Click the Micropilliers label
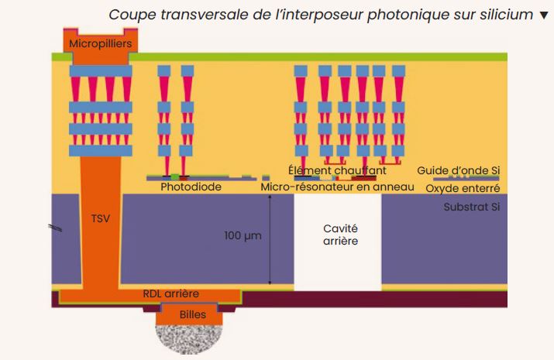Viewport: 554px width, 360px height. click(x=101, y=44)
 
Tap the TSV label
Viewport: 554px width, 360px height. click(x=101, y=219)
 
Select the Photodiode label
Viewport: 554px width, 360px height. click(x=191, y=187)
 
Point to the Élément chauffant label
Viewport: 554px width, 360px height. click(x=337, y=170)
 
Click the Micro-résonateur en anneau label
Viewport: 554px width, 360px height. click(x=337, y=187)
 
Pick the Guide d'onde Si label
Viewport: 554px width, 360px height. click(x=458, y=170)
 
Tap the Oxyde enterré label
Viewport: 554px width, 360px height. click(x=463, y=188)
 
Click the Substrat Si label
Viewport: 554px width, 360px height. click(x=472, y=207)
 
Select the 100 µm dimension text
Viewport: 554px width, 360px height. click(x=243, y=235)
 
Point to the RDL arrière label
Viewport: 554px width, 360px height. click(x=171, y=293)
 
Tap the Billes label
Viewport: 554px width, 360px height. click(x=193, y=314)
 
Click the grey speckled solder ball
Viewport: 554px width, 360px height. click(x=189, y=339)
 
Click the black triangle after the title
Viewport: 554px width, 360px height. click(x=544, y=15)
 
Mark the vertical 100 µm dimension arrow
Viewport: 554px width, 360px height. click(x=270, y=239)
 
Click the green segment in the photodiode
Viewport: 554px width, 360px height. click(x=175, y=177)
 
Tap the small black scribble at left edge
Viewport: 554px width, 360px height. click(x=55, y=228)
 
